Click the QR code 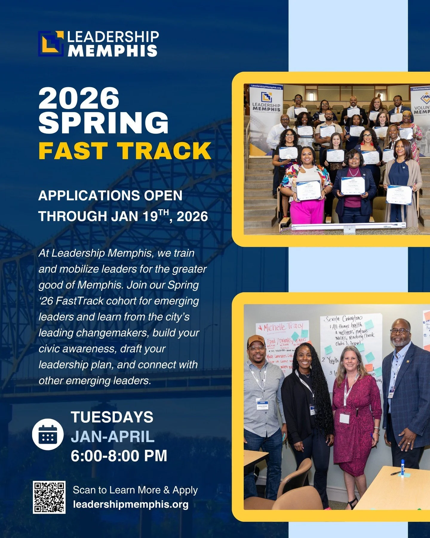coord(49,497)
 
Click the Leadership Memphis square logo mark coord(51,44)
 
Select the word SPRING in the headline coord(103,123)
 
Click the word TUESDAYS coord(112,417)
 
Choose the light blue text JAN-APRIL coord(113,437)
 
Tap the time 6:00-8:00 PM coord(119,456)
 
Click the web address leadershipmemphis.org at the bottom coord(131,505)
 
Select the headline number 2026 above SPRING coord(79,98)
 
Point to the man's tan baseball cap coord(256,340)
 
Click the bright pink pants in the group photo coord(307,211)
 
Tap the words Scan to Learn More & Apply coord(135,490)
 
